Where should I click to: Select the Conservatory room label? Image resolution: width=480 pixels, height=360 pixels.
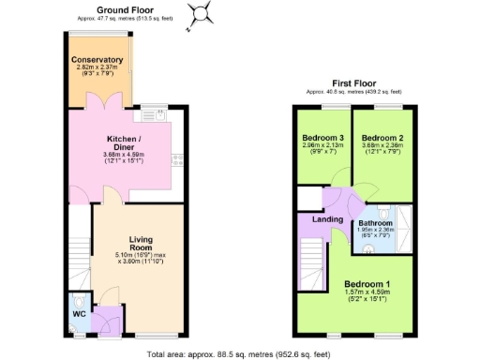click(x=97, y=60)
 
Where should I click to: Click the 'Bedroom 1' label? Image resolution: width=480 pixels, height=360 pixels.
click(x=367, y=284)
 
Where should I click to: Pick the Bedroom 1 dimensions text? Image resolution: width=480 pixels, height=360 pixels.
click(x=367, y=297)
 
